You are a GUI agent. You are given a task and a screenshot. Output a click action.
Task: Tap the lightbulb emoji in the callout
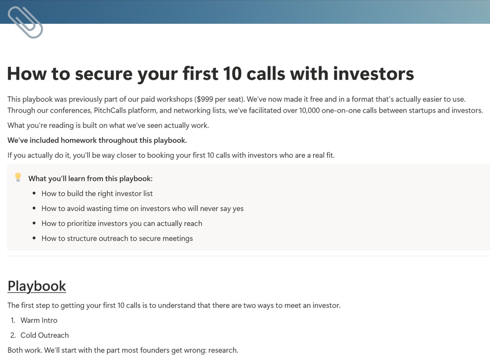[x=18, y=177]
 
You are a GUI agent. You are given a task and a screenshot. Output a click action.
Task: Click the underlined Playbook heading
[x=37, y=286]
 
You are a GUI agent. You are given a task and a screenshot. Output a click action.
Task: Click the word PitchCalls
[x=110, y=110]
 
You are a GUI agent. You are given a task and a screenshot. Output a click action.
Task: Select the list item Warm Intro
[x=39, y=320]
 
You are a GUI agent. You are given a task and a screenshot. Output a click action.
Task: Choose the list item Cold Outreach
[x=45, y=335]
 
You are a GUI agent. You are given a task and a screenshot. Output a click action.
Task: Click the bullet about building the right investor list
[x=97, y=194]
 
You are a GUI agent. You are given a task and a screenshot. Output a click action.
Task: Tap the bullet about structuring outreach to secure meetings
[x=117, y=238]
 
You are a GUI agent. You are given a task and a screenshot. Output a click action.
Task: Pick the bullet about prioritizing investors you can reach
[x=122, y=223]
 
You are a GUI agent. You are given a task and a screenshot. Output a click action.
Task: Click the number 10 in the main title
[x=232, y=74]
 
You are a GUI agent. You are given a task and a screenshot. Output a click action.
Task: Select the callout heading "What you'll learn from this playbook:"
[x=90, y=179]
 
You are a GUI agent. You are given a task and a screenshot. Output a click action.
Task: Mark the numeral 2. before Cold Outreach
[x=13, y=335]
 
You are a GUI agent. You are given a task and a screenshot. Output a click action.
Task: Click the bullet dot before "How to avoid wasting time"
[x=34, y=208]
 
